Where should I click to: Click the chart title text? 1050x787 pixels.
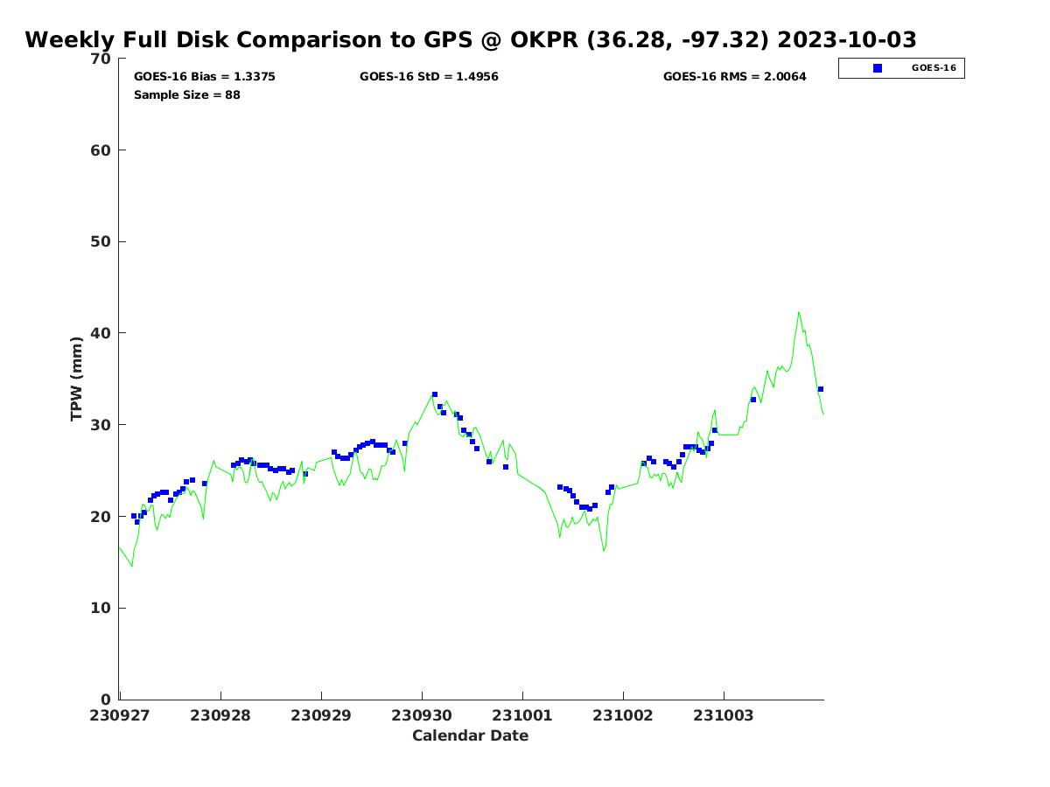(471, 40)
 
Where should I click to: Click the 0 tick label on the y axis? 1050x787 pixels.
(107, 700)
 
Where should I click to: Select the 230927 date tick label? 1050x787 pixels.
(119, 715)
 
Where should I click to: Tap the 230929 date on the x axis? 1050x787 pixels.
(321, 715)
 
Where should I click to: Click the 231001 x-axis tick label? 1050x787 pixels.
(522, 715)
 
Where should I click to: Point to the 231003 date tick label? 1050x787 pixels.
(724, 715)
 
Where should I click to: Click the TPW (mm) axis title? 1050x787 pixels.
(77, 379)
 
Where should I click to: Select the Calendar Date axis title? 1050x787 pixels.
(471, 735)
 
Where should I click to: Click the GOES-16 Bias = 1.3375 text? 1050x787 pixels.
(205, 77)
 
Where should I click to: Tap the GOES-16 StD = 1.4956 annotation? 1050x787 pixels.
(429, 77)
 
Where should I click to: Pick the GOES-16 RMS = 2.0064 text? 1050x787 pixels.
(735, 77)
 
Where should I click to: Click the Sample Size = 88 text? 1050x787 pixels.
(187, 94)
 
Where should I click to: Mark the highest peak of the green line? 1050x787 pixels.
(798, 312)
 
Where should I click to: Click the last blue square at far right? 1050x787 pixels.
(821, 389)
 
